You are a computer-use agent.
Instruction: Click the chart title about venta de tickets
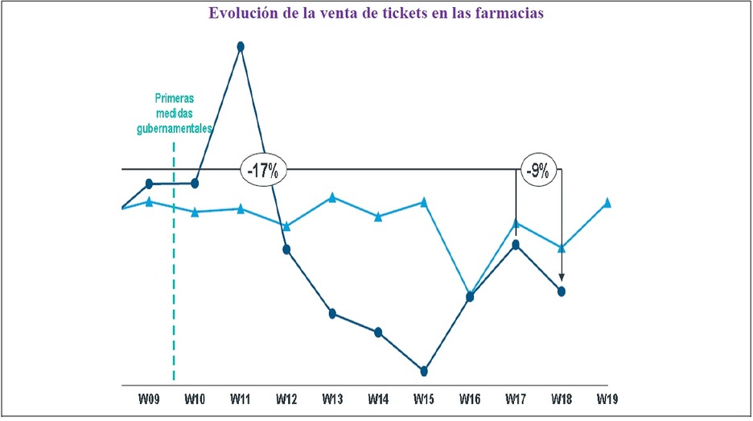pos(376,14)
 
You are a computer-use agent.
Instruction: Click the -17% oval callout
pos(263,170)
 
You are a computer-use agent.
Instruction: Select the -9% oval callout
pos(537,170)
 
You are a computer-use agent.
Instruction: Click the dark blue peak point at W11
pos(241,47)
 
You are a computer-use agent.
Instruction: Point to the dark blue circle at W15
pos(424,371)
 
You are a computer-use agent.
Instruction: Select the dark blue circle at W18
pos(562,291)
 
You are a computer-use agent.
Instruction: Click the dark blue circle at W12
pos(286,249)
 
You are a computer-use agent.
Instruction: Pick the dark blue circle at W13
pos(332,313)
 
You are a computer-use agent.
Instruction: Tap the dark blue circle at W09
pos(149,184)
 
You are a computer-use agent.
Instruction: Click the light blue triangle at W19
pos(607,202)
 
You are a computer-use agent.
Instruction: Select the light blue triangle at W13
pos(332,197)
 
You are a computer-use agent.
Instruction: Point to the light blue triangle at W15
pos(424,202)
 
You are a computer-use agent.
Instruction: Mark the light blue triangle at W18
pos(562,247)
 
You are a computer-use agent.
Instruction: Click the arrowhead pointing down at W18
pos(562,276)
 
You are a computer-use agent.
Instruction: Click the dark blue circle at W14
pos(378,332)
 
